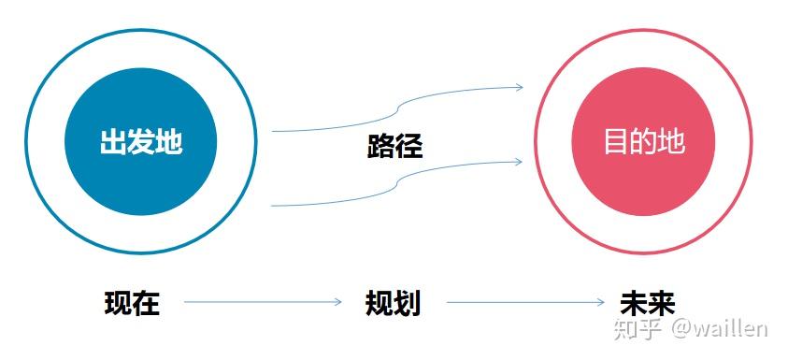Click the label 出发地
140,143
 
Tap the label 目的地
643,142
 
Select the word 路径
394,147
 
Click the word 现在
132,304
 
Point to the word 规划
393,304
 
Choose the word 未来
647,304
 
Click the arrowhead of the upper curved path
519,88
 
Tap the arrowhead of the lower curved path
519,162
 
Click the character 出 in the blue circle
113,143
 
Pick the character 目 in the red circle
616,142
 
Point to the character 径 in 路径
408,147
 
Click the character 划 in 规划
407,304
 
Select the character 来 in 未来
661,304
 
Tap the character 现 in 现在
118,304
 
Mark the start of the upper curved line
273,131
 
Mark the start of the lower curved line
273,205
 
